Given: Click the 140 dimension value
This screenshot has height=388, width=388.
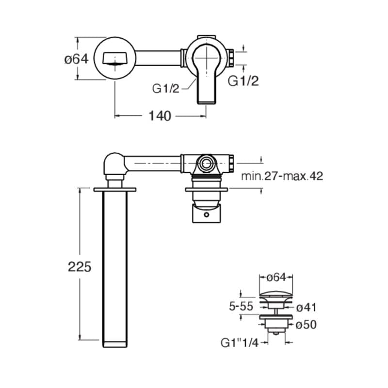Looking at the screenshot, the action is pos(160,116).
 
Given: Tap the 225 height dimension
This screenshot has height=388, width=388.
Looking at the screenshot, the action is pos(80,267).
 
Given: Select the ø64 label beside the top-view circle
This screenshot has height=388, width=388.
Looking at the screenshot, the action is pos(76,59).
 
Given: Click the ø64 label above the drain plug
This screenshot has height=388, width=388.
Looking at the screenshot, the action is pos(276,277).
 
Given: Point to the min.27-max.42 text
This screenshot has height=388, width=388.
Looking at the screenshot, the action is pos(282,176).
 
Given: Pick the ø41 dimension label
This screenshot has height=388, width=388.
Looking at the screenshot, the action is pos(307,307).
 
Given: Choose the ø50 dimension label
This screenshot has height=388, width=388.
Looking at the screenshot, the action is pos(307,324).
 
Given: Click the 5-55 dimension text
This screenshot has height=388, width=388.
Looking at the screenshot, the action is pos(241,307).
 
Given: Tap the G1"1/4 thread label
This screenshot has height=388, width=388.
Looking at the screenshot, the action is pos(240,343).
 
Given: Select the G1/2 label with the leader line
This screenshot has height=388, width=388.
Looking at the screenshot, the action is pos(165,89).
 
